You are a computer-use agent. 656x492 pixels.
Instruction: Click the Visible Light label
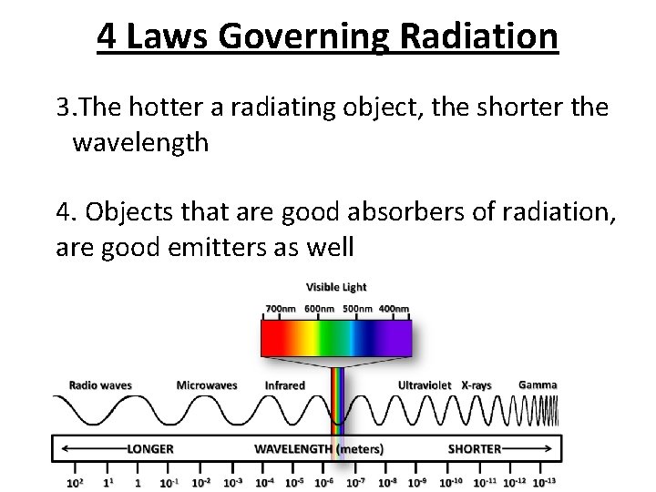coord(336,288)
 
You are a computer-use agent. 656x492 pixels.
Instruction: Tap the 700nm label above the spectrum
coord(281,309)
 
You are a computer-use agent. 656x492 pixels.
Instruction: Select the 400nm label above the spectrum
coord(394,309)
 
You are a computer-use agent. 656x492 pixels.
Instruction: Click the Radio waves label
coord(100,385)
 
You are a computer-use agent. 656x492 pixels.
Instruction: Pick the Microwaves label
coord(207,385)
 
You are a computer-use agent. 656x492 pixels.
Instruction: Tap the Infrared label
coord(284,385)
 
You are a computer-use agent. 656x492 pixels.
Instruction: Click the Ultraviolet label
coord(425,385)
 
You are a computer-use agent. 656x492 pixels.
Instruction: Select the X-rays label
coord(477,385)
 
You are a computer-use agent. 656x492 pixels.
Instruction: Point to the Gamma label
coord(538,384)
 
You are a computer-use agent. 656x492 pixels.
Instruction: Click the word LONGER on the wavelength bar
coord(149,449)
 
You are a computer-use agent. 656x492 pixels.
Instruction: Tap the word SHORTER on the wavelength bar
coord(475,449)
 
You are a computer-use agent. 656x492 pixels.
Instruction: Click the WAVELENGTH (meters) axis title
coord(318,449)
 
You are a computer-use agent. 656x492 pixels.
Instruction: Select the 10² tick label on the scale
coord(76,482)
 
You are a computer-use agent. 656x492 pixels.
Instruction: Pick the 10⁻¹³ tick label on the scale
coord(544,482)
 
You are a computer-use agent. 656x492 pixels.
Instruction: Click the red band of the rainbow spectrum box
coord(272,339)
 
